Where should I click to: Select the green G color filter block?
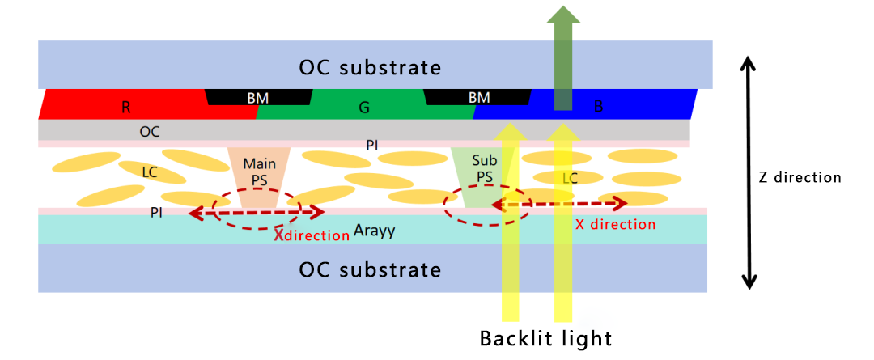[x=364, y=107]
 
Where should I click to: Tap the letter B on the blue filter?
[x=598, y=106]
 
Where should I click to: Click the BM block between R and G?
[x=258, y=98]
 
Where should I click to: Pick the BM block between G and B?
[x=479, y=98]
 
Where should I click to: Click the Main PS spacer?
[x=259, y=170]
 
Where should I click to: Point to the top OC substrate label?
[x=371, y=66]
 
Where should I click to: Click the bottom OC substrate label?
[x=371, y=269]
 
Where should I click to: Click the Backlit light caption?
[x=546, y=338]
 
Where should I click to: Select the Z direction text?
[x=800, y=177]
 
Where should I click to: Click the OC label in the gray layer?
[x=150, y=131]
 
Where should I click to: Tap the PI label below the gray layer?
[x=371, y=145]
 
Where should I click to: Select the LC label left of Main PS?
[x=150, y=172]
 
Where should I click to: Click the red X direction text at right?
[x=615, y=224]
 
